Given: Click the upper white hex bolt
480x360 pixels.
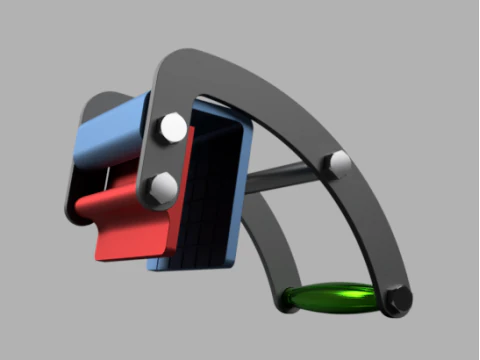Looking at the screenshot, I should tap(170, 128).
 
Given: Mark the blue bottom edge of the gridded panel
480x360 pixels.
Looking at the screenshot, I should tap(190, 265).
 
